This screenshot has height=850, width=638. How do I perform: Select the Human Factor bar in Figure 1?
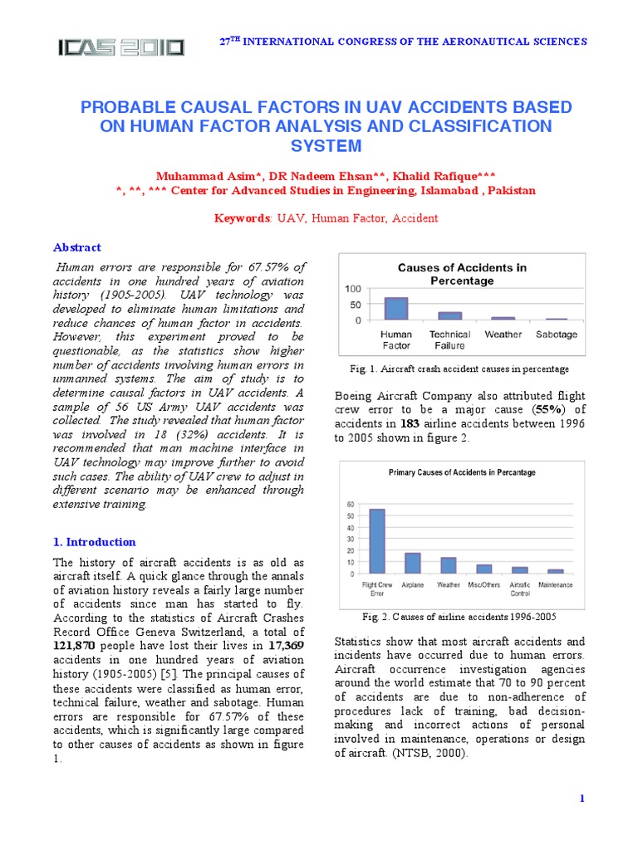pyautogui.click(x=396, y=309)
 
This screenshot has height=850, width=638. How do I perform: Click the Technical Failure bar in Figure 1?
pyautogui.click(x=449, y=315)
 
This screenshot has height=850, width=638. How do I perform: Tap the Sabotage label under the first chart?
pyautogui.click(x=556, y=335)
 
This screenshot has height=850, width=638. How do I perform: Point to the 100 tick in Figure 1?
pyautogui.click(x=353, y=289)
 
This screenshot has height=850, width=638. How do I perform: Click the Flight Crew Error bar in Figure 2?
pyautogui.click(x=377, y=540)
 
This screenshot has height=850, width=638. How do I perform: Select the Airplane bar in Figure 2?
pyautogui.click(x=412, y=563)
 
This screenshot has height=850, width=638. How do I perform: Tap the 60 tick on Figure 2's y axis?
pyautogui.click(x=350, y=504)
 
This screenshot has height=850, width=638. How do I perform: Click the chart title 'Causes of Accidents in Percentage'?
pyautogui.click(x=461, y=274)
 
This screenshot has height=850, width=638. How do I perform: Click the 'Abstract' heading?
pyautogui.click(x=77, y=247)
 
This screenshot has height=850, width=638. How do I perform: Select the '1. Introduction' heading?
pyautogui.click(x=94, y=542)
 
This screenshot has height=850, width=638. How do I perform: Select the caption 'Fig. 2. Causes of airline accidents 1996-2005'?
pyautogui.click(x=459, y=618)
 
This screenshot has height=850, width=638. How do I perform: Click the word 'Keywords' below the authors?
pyautogui.click(x=240, y=218)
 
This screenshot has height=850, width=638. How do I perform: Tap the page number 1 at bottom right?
pyautogui.click(x=582, y=799)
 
